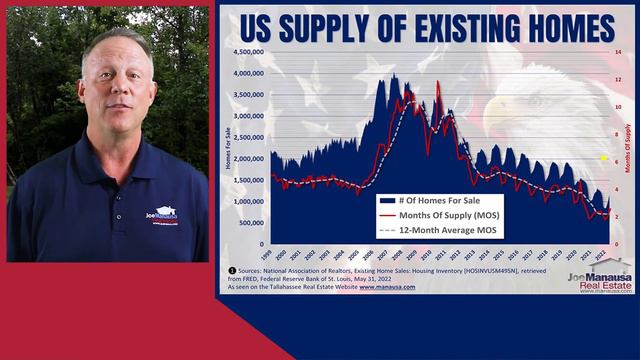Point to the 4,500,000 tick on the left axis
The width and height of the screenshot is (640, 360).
[249, 51]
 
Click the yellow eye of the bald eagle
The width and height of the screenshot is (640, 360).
[603, 158]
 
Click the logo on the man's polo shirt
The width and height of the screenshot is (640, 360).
[162, 215]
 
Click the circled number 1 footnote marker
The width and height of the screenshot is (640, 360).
[232, 270]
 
